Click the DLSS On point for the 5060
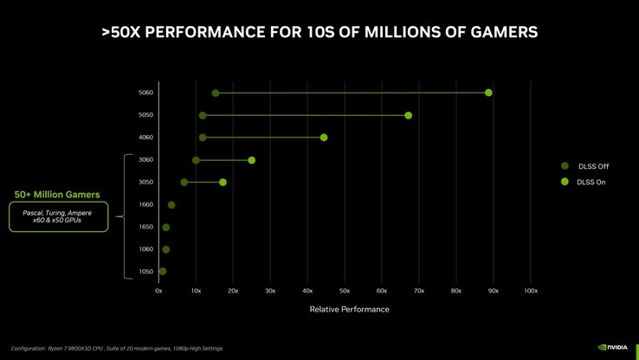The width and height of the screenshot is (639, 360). pyautogui.click(x=488, y=93)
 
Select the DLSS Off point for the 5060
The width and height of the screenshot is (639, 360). pyautogui.click(x=216, y=93)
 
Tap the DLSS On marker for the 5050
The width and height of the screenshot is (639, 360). pyautogui.click(x=408, y=115)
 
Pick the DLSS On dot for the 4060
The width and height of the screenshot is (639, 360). pyautogui.click(x=324, y=138)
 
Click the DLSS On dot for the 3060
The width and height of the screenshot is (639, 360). pyautogui.click(x=251, y=160)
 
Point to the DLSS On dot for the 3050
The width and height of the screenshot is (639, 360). pyautogui.click(x=223, y=183)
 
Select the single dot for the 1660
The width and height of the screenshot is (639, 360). pyautogui.click(x=171, y=205)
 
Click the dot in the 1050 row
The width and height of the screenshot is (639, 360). pyautogui.click(x=162, y=272)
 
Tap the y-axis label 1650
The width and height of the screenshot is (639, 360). pyautogui.click(x=145, y=228)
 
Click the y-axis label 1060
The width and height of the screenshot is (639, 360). pyautogui.click(x=145, y=249)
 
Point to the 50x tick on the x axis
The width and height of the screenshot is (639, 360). pyautogui.click(x=345, y=291)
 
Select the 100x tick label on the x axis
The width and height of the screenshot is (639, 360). pyautogui.click(x=531, y=291)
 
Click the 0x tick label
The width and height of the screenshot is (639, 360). pyautogui.click(x=158, y=291)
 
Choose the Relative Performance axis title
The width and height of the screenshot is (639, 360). pyautogui.click(x=349, y=309)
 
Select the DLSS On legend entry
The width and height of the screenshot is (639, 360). pyautogui.click(x=592, y=182)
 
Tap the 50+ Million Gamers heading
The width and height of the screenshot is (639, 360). pyautogui.click(x=57, y=195)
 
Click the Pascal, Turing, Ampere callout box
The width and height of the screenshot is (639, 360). pyautogui.click(x=58, y=216)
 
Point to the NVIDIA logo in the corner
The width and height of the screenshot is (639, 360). pyautogui.click(x=613, y=348)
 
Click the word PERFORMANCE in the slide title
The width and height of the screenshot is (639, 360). pyautogui.click(x=198, y=32)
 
